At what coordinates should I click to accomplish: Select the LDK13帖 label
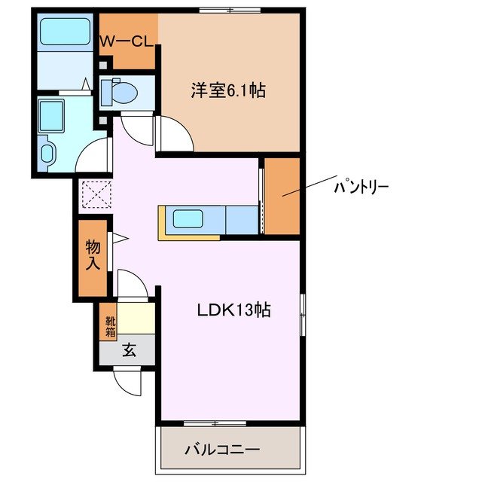click(234, 309)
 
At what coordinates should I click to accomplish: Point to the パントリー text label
click(361, 185)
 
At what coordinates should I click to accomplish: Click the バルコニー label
click(222, 450)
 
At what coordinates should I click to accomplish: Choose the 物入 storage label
click(94, 254)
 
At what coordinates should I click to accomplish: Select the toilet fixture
click(120, 92)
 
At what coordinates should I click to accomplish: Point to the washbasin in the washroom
click(49, 153)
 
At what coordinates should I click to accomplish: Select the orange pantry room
click(282, 196)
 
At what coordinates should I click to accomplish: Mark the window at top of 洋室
click(230, 10)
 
